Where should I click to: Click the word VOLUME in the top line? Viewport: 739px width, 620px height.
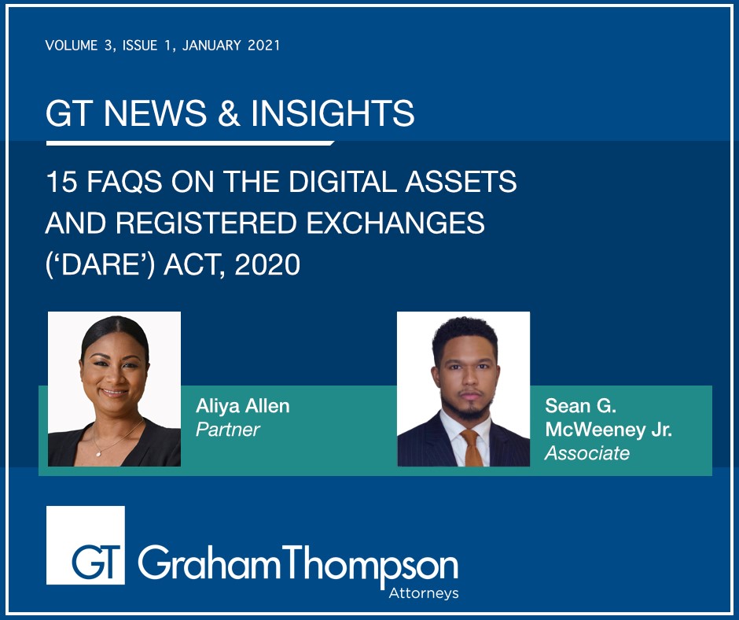pyautogui.click(x=72, y=46)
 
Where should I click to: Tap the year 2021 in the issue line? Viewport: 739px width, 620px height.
pyautogui.click(x=264, y=46)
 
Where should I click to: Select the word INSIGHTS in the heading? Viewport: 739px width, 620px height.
pyautogui.click(x=333, y=113)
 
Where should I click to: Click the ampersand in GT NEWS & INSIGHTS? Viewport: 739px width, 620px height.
pyautogui.click(x=229, y=113)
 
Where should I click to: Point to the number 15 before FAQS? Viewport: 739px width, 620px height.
pyautogui.click(x=61, y=182)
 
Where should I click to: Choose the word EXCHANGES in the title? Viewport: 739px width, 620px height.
pyautogui.click(x=395, y=223)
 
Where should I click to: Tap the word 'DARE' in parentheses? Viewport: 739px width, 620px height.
pyautogui.click(x=100, y=264)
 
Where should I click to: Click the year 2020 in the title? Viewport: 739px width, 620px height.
pyautogui.click(x=267, y=264)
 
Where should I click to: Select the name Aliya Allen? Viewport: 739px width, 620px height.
pyautogui.click(x=243, y=406)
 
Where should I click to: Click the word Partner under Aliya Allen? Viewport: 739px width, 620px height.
pyautogui.click(x=228, y=430)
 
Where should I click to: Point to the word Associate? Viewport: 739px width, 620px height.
pyautogui.click(x=587, y=453)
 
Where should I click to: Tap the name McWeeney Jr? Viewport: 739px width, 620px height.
pyautogui.click(x=608, y=430)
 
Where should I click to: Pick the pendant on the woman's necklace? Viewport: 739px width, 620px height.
pyautogui.click(x=98, y=454)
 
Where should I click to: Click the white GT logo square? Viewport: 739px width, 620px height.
pyautogui.click(x=86, y=545)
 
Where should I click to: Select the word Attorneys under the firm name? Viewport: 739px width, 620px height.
pyautogui.click(x=423, y=593)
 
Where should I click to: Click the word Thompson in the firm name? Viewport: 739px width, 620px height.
pyautogui.click(x=370, y=564)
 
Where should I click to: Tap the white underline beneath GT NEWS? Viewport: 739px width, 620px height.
pyautogui.click(x=190, y=143)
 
